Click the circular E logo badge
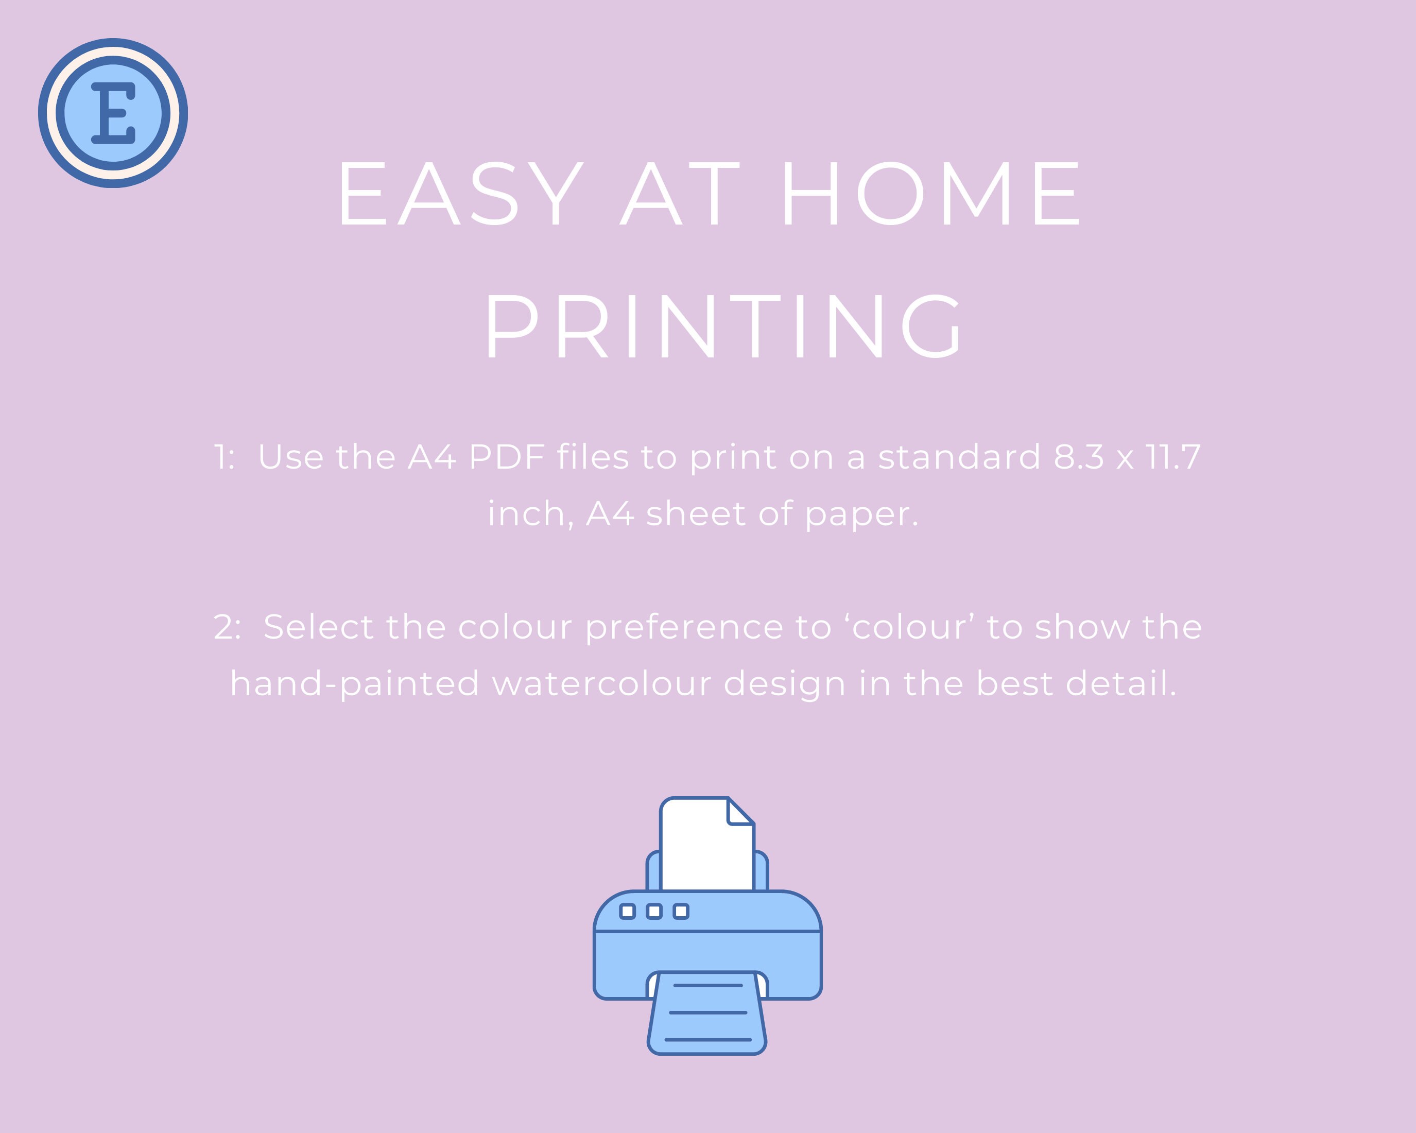(113, 113)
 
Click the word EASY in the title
(460, 194)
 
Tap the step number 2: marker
(227, 627)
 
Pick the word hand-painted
(355, 684)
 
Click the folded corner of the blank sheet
(740, 811)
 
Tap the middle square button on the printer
(654, 911)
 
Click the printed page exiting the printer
(707, 1014)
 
